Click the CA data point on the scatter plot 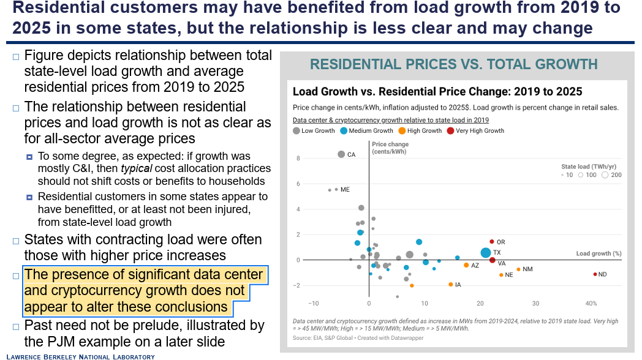[x=341, y=154]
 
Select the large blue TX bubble [x=485, y=252]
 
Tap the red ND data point [x=595, y=274]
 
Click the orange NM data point [x=518, y=269]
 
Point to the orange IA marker [x=450, y=285]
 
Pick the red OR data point [x=491, y=242]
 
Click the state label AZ [x=475, y=265]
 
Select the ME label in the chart [x=345, y=190]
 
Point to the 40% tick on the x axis [x=591, y=304]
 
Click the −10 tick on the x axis [x=313, y=304]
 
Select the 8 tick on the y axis [x=298, y=158]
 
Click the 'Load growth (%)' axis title [x=599, y=253]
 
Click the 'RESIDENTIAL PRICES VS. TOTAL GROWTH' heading [x=453, y=64]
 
